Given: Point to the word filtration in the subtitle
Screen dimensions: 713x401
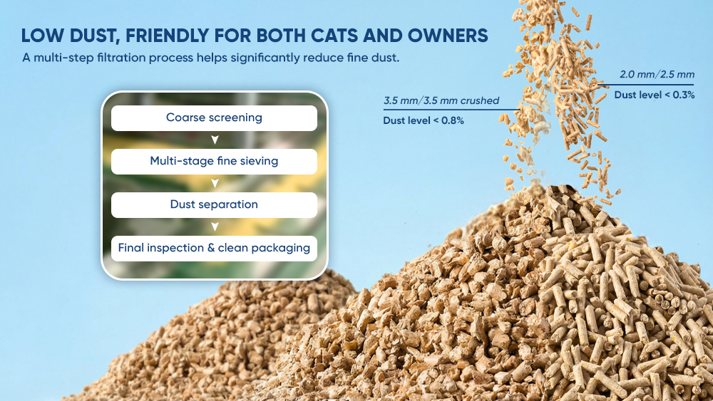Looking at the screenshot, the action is tap(121, 58).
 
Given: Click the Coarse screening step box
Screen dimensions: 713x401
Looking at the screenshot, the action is tap(214, 118).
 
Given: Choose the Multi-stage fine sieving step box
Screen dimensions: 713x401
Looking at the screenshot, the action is tap(214, 162).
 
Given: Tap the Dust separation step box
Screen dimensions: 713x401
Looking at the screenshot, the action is tap(214, 205).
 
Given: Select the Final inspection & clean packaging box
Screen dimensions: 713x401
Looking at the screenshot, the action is tap(214, 249).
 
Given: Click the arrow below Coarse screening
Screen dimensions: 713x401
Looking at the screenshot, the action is tap(215, 140).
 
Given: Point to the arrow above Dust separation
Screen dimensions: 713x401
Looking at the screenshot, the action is tap(215, 184).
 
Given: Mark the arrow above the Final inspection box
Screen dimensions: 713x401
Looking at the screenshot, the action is tap(215, 226).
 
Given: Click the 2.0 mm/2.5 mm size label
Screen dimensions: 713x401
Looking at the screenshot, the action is tap(657, 75).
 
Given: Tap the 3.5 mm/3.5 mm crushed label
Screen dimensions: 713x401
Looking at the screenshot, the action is tap(441, 100).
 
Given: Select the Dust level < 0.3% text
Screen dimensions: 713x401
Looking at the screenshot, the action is tap(655, 95).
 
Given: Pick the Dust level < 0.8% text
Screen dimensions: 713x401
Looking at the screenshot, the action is tap(424, 120).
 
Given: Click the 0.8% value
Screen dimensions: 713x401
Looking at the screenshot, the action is tap(453, 120).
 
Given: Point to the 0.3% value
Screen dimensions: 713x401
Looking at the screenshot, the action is tap(684, 95).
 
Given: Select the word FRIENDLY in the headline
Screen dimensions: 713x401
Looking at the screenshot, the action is tap(166, 36).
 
